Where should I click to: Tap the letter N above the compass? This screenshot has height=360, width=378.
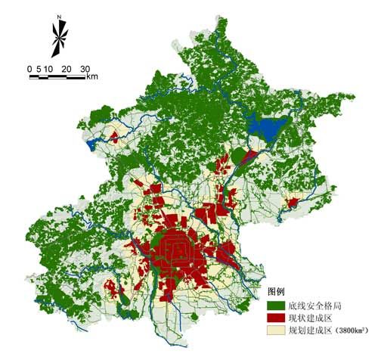tap(58, 15)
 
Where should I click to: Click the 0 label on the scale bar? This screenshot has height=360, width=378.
tap(29, 69)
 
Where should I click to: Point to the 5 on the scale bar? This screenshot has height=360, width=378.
tap(38, 69)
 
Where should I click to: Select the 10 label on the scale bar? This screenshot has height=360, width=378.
tap(48, 69)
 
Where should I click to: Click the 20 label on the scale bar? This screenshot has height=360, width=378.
tap(67, 69)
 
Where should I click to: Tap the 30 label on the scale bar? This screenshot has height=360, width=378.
tap(85, 69)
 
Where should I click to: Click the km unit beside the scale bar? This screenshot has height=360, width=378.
tap(92, 76)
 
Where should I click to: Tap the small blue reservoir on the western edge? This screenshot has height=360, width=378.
tap(92, 142)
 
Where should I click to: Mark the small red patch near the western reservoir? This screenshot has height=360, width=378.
tap(113, 137)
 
